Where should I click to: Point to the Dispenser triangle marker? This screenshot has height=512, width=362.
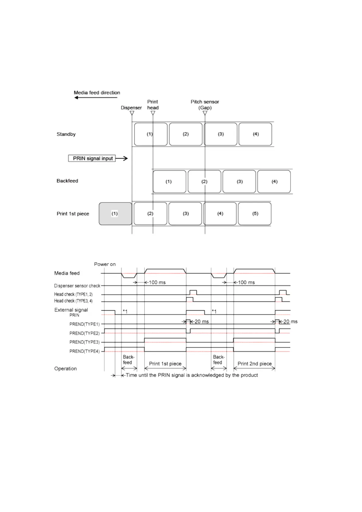132,113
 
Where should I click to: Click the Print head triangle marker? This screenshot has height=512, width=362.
153,113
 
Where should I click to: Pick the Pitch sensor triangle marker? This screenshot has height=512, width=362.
205,113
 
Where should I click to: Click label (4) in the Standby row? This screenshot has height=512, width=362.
255,134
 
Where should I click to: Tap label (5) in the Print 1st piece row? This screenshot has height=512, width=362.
255,214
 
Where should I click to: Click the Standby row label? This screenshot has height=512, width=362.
66,134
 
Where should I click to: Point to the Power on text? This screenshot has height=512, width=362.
105,264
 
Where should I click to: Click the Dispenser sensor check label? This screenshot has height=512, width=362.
77,286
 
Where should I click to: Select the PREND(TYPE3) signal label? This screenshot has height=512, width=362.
84,342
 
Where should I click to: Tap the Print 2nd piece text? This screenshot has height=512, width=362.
254,364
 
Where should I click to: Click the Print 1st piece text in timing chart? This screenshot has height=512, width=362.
165,364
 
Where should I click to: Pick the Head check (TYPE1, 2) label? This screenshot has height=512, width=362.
73,294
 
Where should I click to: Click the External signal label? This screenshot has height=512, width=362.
71,310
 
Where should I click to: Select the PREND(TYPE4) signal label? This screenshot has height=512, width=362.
84,351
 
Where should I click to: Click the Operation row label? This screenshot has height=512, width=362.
65,368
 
